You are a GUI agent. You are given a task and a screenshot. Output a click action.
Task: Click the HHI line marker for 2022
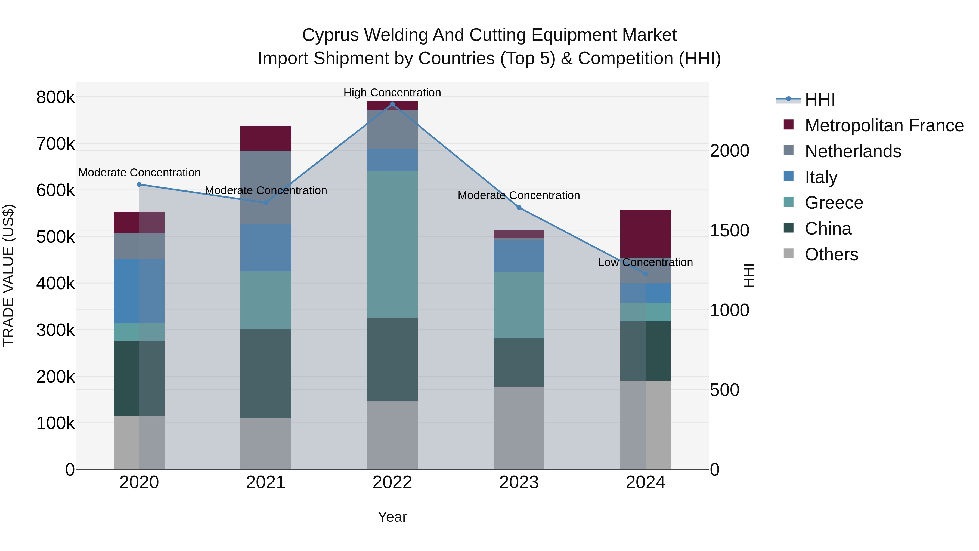pos(392,104)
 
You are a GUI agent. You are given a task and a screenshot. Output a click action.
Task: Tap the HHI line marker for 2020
pos(139,184)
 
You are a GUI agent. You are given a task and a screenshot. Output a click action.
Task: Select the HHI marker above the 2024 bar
pos(645,274)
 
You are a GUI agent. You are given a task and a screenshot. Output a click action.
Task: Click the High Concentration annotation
pos(392,93)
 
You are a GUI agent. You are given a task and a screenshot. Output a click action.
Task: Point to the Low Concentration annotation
pos(645,262)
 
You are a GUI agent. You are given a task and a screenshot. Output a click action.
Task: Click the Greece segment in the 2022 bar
pos(392,244)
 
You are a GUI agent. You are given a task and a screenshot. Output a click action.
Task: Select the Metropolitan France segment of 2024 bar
pos(645,233)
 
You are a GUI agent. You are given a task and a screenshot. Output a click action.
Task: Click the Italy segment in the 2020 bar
pos(139,291)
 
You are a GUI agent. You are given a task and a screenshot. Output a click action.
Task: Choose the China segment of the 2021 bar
pos(266,373)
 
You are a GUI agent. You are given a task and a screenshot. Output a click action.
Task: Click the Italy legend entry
pos(821,177)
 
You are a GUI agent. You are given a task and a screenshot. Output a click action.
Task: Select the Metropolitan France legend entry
pos(884,125)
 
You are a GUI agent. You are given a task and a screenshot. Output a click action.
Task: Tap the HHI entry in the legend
pos(820,100)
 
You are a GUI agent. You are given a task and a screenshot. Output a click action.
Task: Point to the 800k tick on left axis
pos(55,97)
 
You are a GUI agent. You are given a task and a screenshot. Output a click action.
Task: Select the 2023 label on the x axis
pos(519,482)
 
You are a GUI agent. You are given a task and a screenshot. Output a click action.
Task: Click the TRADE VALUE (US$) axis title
pos(8,275)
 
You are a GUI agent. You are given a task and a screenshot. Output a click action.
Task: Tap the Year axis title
pos(392,517)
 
